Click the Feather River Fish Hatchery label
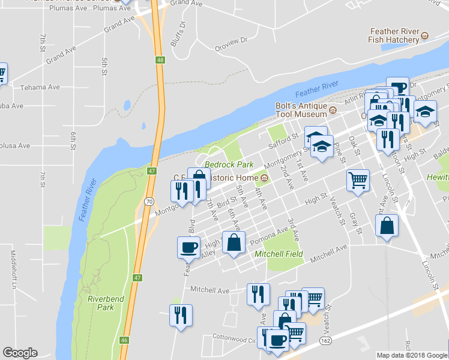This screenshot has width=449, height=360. [x=394, y=35]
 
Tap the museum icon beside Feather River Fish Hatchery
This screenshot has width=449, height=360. [x=424, y=35]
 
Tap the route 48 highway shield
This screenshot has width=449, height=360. [x=159, y=60]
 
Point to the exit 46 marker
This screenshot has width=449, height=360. [x=124, y=340]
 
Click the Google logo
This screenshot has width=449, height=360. [x=20, y=353]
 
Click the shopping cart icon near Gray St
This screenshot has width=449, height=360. [x=358, y=179]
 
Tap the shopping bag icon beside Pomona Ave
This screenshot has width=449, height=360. [x=234, y=242]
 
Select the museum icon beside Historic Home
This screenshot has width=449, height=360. [x=264, y=178]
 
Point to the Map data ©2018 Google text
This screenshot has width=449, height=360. [x=412, y=355]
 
